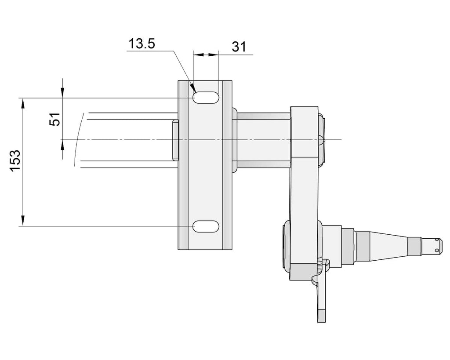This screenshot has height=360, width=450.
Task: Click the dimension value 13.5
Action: point(142,44)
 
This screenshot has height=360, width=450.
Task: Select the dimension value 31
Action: point(239,47)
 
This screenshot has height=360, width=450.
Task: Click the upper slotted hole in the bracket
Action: point(206,98)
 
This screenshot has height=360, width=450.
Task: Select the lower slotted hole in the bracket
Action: point(206,226)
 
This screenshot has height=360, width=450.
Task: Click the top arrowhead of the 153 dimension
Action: point(22,103)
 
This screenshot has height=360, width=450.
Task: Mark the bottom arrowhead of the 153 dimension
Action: point(22,221)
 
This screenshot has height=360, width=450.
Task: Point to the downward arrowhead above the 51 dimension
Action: point(62,93)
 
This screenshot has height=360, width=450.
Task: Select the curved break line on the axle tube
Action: point(79,139)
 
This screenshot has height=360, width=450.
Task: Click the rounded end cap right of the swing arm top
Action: point(322,139)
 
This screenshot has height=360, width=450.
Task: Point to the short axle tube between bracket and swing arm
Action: point(263,140)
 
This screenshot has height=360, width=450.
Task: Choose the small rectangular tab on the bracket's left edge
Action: point(175,140)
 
